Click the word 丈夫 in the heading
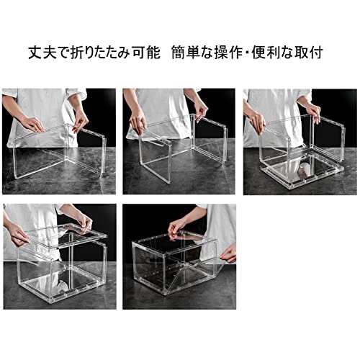point(42,53)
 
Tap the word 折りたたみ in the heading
point(100,53)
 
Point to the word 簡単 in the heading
point(186,53)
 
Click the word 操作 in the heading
point(228,53)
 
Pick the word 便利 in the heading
point(266,53)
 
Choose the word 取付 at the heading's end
point(308,53)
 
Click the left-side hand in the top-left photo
point(33,124)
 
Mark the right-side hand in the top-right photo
point(313,113)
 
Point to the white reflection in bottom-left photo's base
point(60,286)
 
